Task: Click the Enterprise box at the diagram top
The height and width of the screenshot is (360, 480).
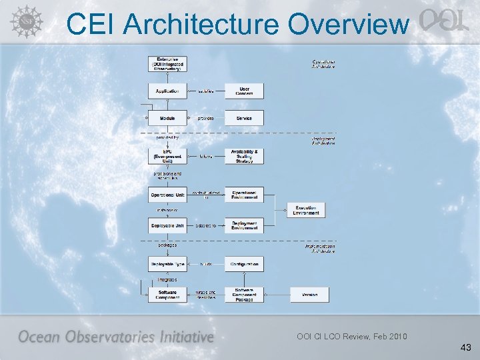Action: [167, 63]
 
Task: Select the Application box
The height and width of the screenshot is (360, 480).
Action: [167, 91]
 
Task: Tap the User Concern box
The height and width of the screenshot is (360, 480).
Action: [244, 91]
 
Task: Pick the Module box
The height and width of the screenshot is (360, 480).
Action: [167, 118]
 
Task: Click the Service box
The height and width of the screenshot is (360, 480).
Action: [244, 118]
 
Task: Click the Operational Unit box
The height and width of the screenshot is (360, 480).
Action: [167, 195]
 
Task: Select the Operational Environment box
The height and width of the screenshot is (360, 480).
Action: [244, 195]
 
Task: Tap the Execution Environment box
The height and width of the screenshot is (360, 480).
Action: [306, 210]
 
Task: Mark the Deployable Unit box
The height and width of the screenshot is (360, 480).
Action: [167, 226]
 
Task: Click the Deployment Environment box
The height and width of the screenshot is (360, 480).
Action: [244, 226]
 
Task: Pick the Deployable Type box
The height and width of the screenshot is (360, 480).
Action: [167, 264]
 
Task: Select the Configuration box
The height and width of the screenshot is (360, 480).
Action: [244, 264]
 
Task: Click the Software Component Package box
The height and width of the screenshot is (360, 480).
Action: [244, 294]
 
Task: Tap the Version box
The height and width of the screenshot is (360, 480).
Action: [309, 294]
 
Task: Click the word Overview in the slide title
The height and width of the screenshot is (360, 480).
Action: [348, 25]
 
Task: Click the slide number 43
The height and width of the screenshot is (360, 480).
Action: [465, 348]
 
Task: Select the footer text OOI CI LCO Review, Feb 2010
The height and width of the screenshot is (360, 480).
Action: [351, 336]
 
